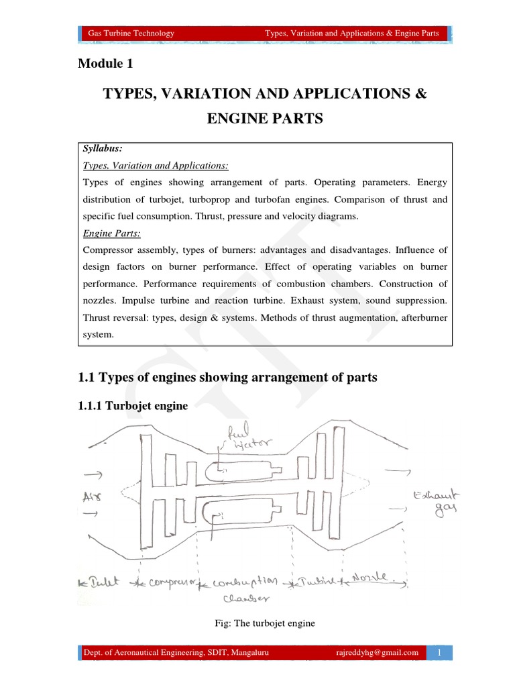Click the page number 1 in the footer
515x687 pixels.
click(439, 652)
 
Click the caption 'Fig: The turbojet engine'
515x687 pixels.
click(264, 623)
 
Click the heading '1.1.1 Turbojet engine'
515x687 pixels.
click(133, 406)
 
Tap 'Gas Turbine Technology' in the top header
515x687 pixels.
click(131, 33)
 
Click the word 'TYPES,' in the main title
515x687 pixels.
click(131, 94)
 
